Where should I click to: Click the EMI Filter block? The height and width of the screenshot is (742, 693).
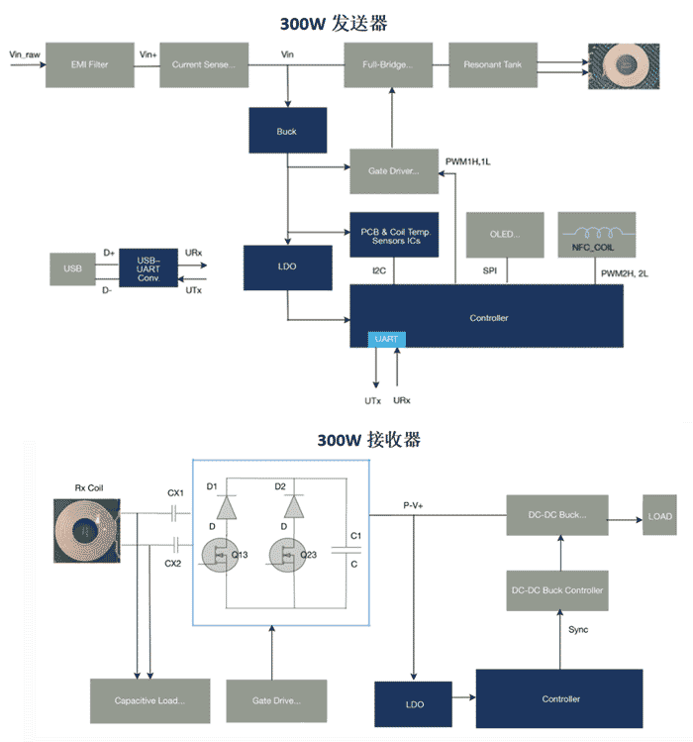[88, 65]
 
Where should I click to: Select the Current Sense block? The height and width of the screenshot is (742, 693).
[203, 65]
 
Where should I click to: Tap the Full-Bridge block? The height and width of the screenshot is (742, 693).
[393, 65]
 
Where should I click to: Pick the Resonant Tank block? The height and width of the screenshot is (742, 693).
[492, 65]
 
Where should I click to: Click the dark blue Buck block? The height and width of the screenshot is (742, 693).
[287, 131]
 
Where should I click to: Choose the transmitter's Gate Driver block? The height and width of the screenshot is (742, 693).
[393, 171]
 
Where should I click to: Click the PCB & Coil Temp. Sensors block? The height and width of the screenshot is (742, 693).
[393, 236]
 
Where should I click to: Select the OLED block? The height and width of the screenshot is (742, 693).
[505, 236]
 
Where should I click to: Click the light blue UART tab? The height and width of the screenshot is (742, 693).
[386, 339]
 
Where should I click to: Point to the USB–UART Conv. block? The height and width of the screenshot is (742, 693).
[148, 267]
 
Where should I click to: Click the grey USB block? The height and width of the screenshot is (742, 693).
[72, 267]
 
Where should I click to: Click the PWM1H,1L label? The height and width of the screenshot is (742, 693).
[467, 159]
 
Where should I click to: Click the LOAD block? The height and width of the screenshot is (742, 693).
[659, 516]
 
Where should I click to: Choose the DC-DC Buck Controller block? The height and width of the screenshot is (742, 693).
[557, 590]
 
